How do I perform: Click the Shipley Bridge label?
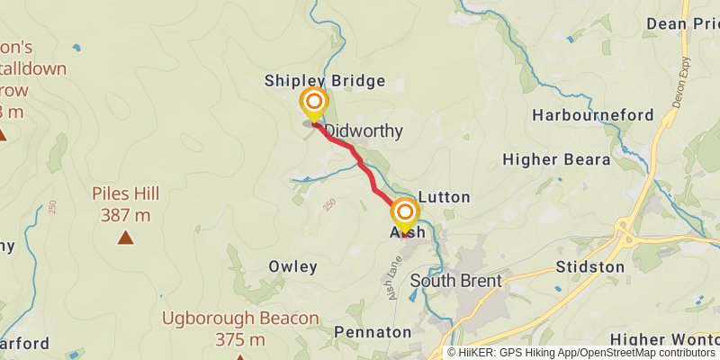coord(324,81)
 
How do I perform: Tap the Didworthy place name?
coord(364,131)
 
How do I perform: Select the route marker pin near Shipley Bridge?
coord(313,102)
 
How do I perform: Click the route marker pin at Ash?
coord(405,213)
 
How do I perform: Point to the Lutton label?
coord(445,197)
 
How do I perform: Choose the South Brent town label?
coord(455,281)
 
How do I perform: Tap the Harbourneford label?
coord(592,115)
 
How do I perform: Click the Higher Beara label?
coord(556,160)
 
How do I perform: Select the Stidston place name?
coord(589,267)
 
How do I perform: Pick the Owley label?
coord(292,267)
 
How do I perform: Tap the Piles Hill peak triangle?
coord(125,238)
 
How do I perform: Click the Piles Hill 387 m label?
coord(125,204)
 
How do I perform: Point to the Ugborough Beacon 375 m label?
coord(240,328)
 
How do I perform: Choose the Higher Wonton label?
coord(664,339)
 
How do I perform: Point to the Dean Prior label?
coord(679,24)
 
